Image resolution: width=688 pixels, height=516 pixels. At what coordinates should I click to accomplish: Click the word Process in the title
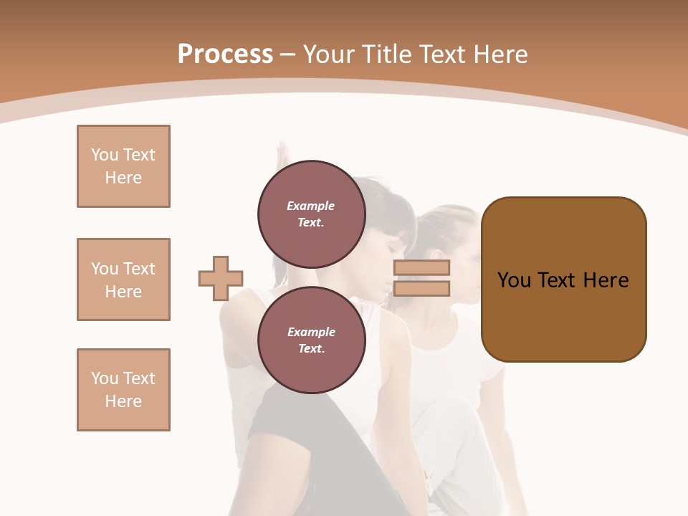click(x=225, y=54)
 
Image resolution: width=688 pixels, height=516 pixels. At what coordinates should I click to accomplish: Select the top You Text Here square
click(x=123, y=166)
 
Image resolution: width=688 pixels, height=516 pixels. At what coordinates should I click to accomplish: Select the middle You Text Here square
click(x=123, y=279)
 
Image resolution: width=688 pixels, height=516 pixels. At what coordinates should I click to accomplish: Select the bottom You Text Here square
click(x=123, y=390)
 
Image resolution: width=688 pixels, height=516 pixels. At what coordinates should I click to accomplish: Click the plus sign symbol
click(x=221, y=278)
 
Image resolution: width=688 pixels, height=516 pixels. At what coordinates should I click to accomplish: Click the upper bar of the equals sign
click(x=421, y=267)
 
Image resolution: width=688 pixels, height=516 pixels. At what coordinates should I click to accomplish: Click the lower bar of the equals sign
click(x=421, y=288)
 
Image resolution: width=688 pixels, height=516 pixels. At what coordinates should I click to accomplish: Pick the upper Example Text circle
click(x=312, y=214)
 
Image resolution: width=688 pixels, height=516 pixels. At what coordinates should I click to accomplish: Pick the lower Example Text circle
click(x=312, y=340)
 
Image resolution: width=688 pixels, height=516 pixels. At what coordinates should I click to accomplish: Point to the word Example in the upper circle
click(x=311, y=206)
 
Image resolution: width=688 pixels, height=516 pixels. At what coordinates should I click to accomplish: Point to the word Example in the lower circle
click(x=311, y=332)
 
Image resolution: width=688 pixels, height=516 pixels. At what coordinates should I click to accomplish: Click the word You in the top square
click(x=105, y=155)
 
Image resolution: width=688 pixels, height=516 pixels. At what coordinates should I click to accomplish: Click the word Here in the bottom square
click(x=123, y=401)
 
